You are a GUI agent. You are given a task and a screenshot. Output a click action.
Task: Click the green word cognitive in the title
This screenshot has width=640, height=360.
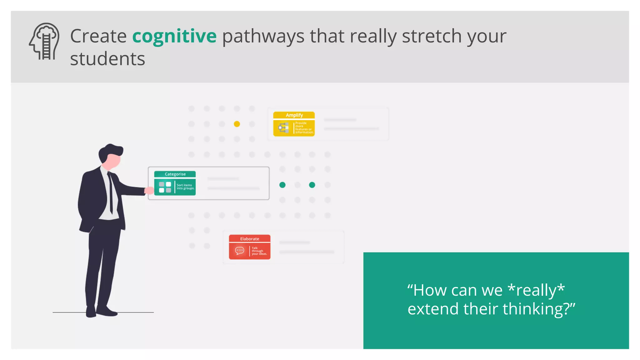174,36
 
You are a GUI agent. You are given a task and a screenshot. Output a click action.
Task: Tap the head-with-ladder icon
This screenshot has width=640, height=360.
44,41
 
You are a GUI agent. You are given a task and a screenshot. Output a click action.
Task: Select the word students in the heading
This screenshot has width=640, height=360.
107,59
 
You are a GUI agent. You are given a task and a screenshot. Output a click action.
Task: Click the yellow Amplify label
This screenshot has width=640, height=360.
294,115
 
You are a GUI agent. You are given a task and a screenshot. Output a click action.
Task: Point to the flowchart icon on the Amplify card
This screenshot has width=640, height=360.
283,127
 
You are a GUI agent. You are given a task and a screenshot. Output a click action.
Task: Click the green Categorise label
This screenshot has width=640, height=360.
175,174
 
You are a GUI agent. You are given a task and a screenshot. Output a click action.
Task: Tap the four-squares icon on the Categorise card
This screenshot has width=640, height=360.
165,187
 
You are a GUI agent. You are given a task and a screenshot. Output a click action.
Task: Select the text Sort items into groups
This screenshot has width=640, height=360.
185,187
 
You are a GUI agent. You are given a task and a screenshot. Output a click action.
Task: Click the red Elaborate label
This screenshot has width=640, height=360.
249,239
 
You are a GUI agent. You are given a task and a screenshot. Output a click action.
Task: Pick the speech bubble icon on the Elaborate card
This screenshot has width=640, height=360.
240,251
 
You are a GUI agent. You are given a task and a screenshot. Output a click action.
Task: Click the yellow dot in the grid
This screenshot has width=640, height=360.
237,124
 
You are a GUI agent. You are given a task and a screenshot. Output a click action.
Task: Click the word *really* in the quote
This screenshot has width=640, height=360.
536,290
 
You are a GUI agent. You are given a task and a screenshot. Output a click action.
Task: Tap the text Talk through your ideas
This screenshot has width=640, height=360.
259,251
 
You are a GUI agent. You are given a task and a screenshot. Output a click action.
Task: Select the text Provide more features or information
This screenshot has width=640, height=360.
304,128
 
